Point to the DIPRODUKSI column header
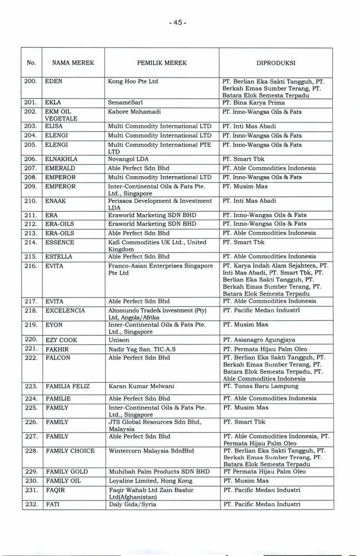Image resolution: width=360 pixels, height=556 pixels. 276,63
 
